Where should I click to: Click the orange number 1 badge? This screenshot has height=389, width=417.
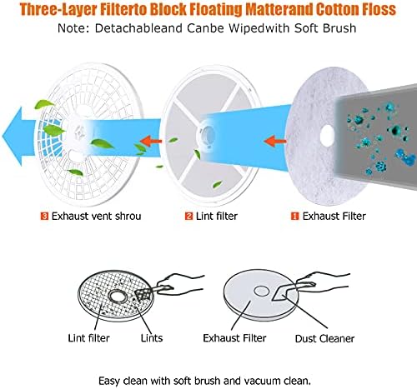point(294,216)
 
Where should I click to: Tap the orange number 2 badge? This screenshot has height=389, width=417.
point(188,216)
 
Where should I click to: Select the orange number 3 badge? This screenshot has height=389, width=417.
point(44,216)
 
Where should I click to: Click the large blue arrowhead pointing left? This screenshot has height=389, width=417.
point(13,137)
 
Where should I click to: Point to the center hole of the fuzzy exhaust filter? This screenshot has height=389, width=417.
point(327,136)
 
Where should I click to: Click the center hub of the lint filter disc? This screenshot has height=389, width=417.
point(207,133)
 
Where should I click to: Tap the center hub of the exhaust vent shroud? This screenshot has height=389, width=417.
point(81,132)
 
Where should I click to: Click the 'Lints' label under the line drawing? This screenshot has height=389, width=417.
point(152,338)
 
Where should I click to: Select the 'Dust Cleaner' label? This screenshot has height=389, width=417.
point(324,338)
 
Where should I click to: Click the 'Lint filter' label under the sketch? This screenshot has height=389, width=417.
point(88,338)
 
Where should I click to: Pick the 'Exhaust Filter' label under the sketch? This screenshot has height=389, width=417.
point(234,338)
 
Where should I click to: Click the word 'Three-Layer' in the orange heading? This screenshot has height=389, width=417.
point(58,9)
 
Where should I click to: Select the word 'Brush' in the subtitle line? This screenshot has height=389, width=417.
point(339,28)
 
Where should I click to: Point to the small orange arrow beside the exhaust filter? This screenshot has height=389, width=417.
point(275,141)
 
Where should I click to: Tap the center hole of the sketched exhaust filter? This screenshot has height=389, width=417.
point(261,291)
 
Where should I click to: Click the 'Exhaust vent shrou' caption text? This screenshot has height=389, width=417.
point(96,216)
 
